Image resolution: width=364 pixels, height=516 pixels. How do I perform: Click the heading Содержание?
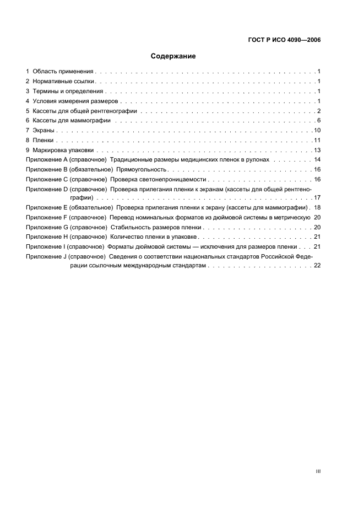173,56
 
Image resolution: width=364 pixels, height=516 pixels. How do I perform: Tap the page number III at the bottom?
318,471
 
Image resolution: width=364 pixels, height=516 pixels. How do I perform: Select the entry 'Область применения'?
63,72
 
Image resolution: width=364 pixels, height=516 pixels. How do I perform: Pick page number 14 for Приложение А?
317,160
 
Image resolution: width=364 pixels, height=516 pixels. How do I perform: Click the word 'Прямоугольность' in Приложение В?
142,170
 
